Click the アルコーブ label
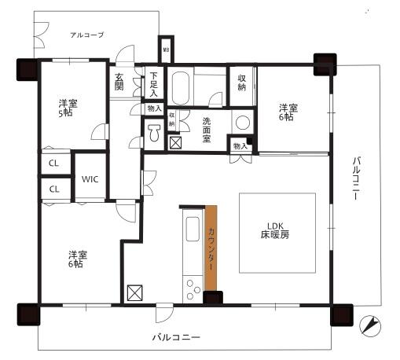pos(86,35)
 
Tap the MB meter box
pos(165,50)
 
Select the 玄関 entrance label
pos(119,82)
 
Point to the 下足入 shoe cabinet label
pos(153,84)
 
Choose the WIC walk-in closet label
pos(90,179)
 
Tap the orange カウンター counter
pos(211,249)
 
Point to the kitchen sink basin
pos(193,233)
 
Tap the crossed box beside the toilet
pos(175,143)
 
